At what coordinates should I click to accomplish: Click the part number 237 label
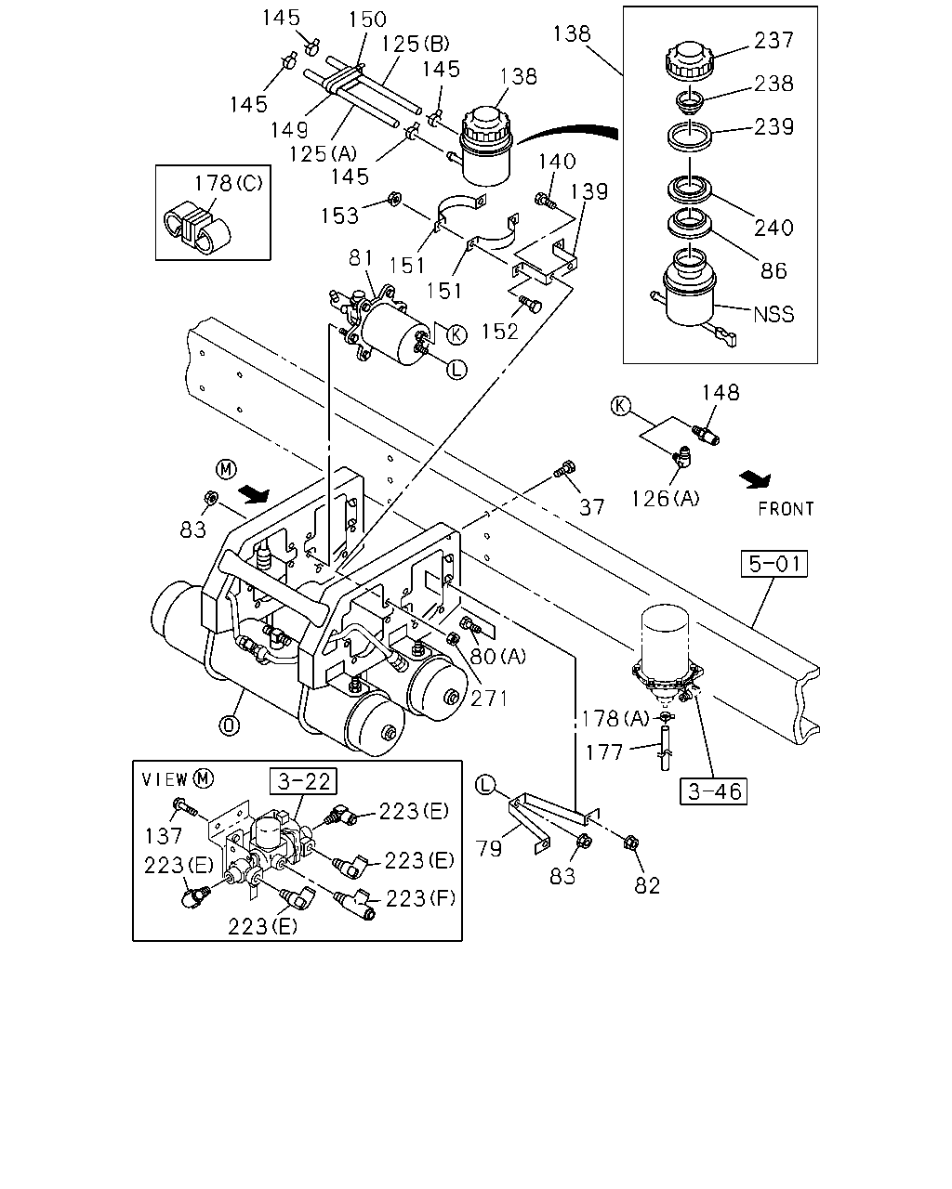point(773,40)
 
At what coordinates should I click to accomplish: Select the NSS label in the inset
point(773,314)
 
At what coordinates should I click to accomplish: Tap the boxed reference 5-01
point(773,564)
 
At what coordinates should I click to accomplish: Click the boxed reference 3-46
point(714,791)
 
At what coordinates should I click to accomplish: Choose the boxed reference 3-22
point(303,781)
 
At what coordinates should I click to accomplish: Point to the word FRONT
point(786,509)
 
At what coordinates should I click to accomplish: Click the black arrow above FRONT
point(756,479)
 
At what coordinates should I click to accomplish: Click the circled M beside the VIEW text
point(203,778)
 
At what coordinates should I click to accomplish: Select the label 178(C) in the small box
point(229,183)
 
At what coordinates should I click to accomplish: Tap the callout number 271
point(489,699)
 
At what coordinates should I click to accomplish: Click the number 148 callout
point(721,392)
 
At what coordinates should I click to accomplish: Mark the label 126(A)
point(666,499)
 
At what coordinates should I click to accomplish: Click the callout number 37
point(592,507)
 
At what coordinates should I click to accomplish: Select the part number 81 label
point(362,257)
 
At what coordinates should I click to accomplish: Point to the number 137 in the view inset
point(164,836)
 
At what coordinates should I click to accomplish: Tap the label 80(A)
point(498,657)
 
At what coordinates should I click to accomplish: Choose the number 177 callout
point(604,752)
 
